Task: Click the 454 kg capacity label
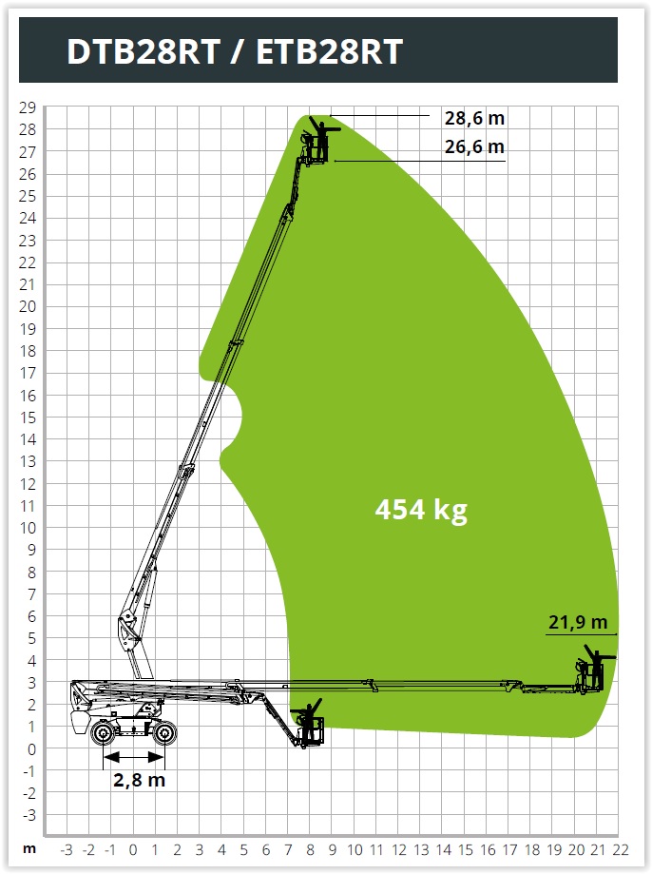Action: pos(421,510)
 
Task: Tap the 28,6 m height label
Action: pos(474,118)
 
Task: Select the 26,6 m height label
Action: pos(474,146)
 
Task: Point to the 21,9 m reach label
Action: pos(578,621)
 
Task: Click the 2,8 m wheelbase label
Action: pos(140,779)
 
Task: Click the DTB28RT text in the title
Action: pos(144,51)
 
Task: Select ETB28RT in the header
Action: pos(330,51)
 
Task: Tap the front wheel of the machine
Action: pos(164,733)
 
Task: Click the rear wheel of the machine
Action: pos(103,733)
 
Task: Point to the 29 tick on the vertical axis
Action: pos(28,107)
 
